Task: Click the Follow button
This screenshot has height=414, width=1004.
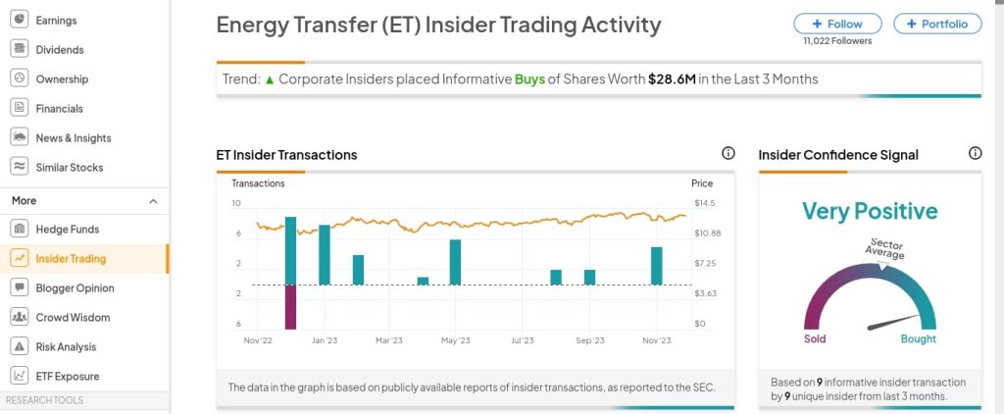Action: [837, 24]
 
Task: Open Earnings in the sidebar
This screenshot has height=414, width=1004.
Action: [56, 21]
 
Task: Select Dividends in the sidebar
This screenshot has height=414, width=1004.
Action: [59, 50]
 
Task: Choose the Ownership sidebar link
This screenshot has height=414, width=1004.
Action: [62, 79]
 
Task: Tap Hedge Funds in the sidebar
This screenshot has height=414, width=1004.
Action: [67, 230]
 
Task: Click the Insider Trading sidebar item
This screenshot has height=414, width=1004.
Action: [71, 259]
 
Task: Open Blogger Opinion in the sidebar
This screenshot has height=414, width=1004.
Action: [75, 288]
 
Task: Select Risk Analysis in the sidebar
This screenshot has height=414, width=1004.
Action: [66, 347]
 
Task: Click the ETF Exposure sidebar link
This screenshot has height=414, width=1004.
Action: [67, 377]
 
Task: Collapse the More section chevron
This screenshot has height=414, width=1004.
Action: [153, 201]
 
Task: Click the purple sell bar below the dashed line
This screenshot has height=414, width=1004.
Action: [290, 307]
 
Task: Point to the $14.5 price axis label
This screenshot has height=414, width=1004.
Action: [704, 203]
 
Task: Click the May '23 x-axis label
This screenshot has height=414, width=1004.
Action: [456, 340]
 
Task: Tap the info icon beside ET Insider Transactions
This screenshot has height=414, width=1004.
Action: [728, 154]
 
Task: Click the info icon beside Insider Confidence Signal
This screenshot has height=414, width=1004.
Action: [975, 154]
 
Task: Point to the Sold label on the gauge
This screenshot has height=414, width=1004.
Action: [815, 339]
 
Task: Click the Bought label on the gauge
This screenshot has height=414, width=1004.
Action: [919, 339]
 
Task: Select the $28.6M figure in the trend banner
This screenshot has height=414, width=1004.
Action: [672, 78]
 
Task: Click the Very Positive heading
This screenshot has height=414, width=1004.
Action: [870, 211]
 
